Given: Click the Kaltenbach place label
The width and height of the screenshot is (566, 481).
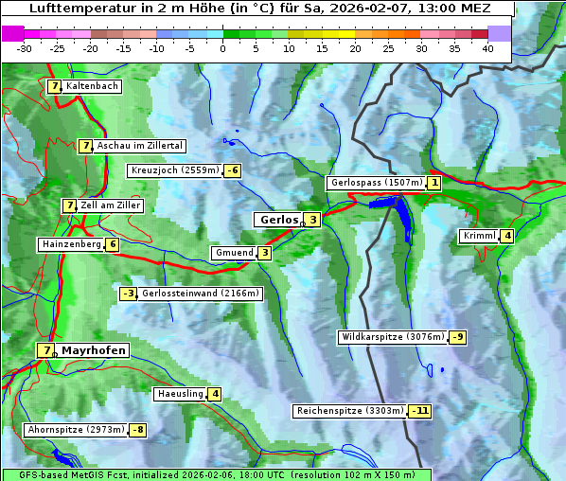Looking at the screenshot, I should tap(93, 86).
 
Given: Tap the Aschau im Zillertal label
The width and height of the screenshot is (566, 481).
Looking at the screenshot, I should tap(139, 146).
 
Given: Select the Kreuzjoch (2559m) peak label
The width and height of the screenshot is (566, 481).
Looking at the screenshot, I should tap(174, 170).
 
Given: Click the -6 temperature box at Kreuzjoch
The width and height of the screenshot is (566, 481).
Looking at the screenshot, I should tap(232, 170).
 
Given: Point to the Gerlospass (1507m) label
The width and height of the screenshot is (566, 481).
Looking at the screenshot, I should tap(376, 183).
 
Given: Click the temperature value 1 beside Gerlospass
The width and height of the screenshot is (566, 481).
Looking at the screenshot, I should tap(433, 183).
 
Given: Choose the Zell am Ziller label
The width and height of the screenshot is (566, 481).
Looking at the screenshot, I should tap(111, 205).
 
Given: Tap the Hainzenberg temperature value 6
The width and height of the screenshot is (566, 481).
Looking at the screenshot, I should tap(112, 244).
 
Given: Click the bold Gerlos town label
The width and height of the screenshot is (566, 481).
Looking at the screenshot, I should tap(278, 220).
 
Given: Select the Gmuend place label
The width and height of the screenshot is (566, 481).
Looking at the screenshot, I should tap(234, 253).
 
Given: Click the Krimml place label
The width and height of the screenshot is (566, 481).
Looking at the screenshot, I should tap(480, 236).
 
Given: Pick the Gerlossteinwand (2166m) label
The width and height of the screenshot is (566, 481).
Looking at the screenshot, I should tap(200, 294).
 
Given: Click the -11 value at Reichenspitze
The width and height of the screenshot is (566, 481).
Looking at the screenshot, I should tap(419, 411).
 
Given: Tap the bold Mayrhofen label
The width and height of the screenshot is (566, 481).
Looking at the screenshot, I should tap(93, 350).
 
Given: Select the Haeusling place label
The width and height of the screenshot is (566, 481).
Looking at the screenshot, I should tap(180, 394).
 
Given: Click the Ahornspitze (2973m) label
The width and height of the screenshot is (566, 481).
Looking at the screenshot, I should tap(76, 430).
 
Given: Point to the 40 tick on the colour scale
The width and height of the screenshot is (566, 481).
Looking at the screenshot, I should tap(487, 47).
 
